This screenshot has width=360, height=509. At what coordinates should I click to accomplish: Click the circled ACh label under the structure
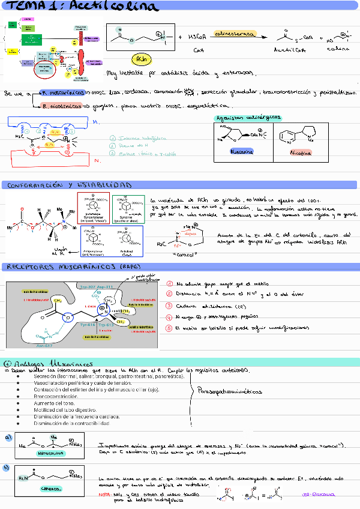[140, 59]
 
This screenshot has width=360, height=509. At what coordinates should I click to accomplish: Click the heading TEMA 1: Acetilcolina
[80, 7]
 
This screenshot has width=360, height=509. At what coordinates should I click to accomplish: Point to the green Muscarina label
[242, 152]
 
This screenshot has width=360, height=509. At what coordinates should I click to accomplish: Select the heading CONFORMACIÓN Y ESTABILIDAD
[67, 185]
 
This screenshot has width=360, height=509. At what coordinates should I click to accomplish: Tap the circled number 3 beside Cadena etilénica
[170, 306]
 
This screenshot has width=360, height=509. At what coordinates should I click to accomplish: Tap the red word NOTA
[104, 494]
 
